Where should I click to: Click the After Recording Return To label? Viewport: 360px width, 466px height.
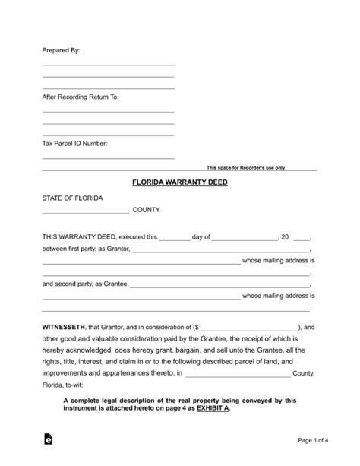pyautogui.click(x=81, y=97)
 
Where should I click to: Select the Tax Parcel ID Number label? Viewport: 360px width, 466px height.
pyautogui.click(x=75, y=143)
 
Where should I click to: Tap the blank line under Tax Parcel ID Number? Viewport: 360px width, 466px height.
pyautogui.click(x=108, y=158)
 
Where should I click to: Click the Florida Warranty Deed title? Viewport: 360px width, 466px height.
pyautogui.click(x=179, y=183)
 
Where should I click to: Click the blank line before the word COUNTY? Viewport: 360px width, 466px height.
pyautogui.click(x=85, y=212)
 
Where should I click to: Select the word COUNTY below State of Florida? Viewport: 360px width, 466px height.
pyautogui.click(x=147, y=209)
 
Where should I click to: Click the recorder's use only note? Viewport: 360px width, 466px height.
pyautogui.click(x=245, y=167)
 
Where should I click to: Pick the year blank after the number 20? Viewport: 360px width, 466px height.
pyautogui.click(x=301, y=239)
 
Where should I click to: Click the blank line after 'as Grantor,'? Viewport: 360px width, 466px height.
pyautogui.click(x=222, y=250)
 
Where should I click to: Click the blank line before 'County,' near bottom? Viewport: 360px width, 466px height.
pyautogui.click(x=238, y=376)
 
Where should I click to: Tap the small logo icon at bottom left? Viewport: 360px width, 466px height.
pyautogui.click(x=48, y=441)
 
